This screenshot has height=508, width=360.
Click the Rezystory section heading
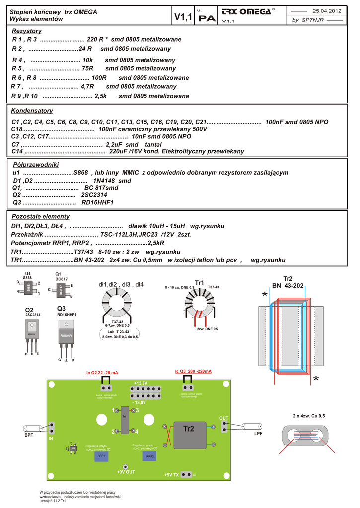(x=27, y=31)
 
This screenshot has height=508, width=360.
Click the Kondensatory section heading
(x=32, y=110)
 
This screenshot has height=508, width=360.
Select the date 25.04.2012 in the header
(x=326, y=11)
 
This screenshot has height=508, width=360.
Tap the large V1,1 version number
(x=184, y=18)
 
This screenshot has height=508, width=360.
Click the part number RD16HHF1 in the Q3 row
(x=97, y=202)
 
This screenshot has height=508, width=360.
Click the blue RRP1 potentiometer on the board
(x=102, y=455)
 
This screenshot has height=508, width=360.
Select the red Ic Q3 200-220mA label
(x=193, y=371)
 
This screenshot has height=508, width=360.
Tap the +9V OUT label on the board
(x=126, y=472)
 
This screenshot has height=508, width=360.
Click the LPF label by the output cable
(x=258, y=434)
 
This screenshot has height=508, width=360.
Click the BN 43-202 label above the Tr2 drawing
(x=288, y=286)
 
